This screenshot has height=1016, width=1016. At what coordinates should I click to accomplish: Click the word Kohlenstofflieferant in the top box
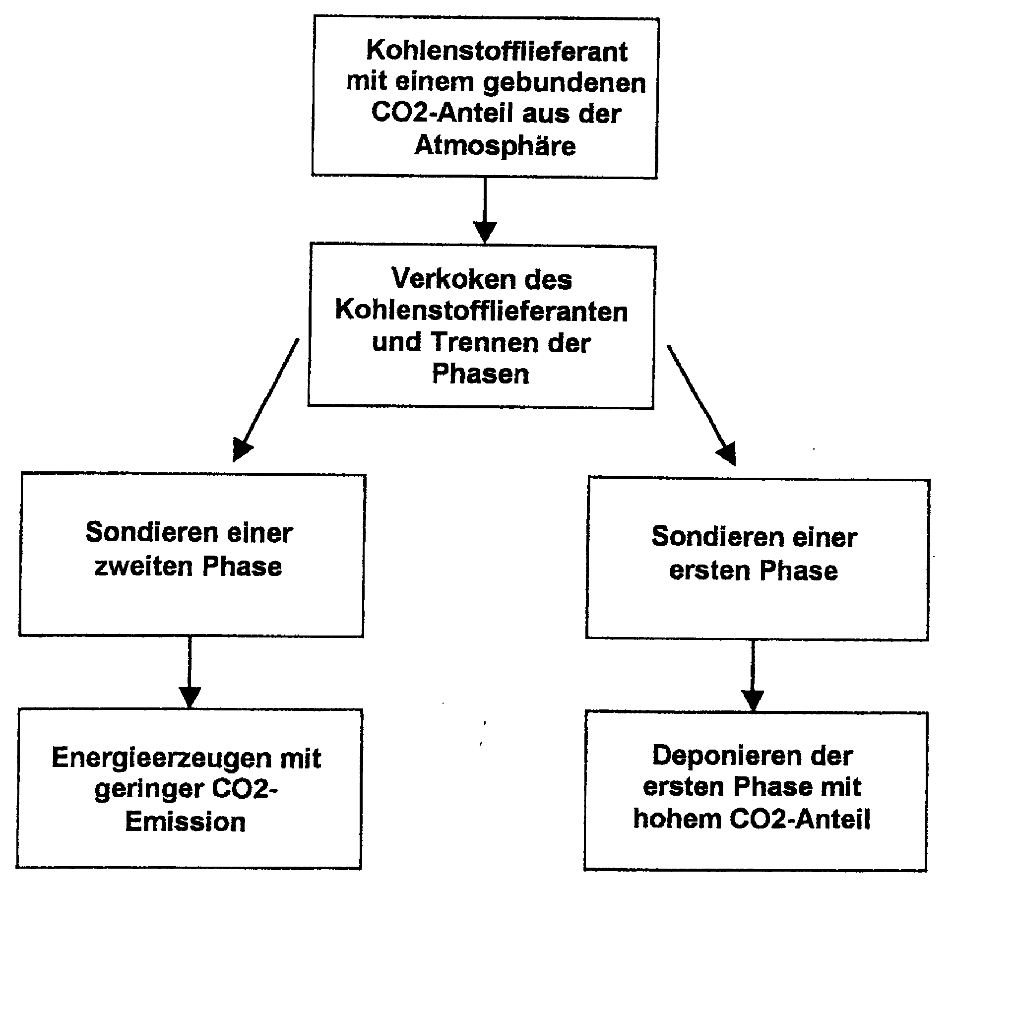point(497,52)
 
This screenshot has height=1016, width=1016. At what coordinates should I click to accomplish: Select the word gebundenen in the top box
point(564,83)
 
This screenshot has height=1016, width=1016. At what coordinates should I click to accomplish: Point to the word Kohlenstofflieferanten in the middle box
point(481,311)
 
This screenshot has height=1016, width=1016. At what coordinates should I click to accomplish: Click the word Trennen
point(485,342)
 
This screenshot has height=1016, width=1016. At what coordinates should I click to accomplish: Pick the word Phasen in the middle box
point(480,375)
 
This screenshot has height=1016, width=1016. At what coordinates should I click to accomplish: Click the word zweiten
point(143,567)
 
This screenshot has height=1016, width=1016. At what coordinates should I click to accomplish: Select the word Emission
point(185,822)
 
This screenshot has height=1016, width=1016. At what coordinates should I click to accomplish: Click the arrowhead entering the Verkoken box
point(485,231)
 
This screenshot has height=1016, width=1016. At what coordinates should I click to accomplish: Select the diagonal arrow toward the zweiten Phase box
point(266,400)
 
